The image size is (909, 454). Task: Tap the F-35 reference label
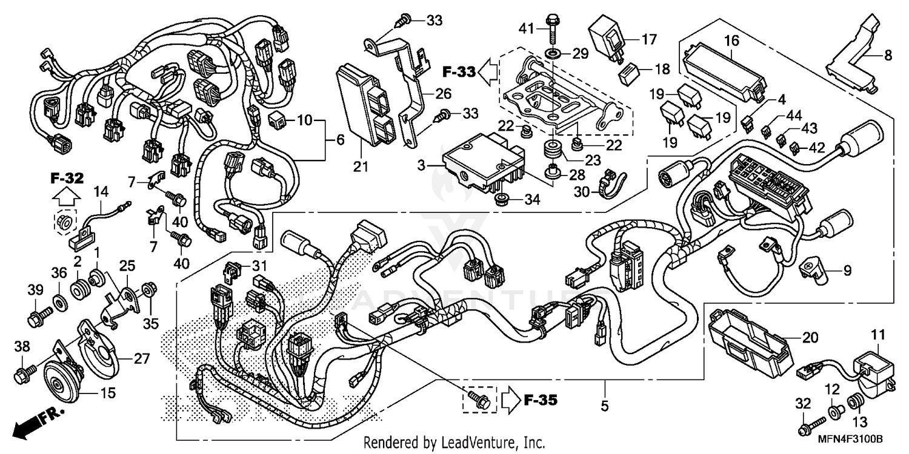click(539, 400)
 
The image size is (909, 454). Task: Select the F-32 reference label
click(67, 179)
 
